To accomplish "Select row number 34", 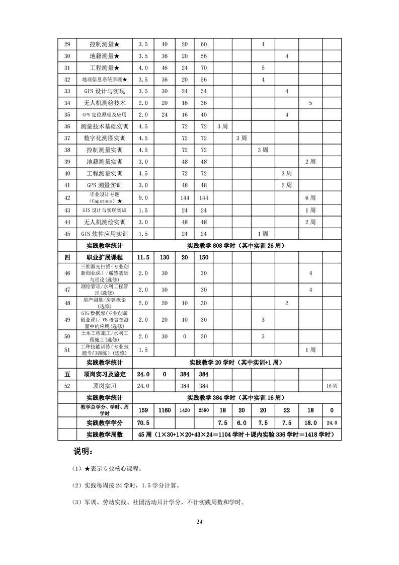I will click(67, 103).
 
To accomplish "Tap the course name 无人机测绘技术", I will click(104, 103).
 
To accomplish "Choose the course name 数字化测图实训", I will click(104, 138).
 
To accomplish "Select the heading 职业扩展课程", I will click(104, 257).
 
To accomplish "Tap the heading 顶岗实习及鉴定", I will click(104, 374).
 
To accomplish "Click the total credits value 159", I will click(143, 410).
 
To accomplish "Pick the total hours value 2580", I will click(203, 410).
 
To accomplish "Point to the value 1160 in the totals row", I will click(165, 410).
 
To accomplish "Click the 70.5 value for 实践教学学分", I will click(143, 423).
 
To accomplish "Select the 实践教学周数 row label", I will click(104, 435).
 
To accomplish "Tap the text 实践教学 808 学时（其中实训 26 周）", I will click(236, 246).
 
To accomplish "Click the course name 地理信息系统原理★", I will click(104, 80).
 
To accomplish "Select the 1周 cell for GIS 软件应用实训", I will click(263, 234).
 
